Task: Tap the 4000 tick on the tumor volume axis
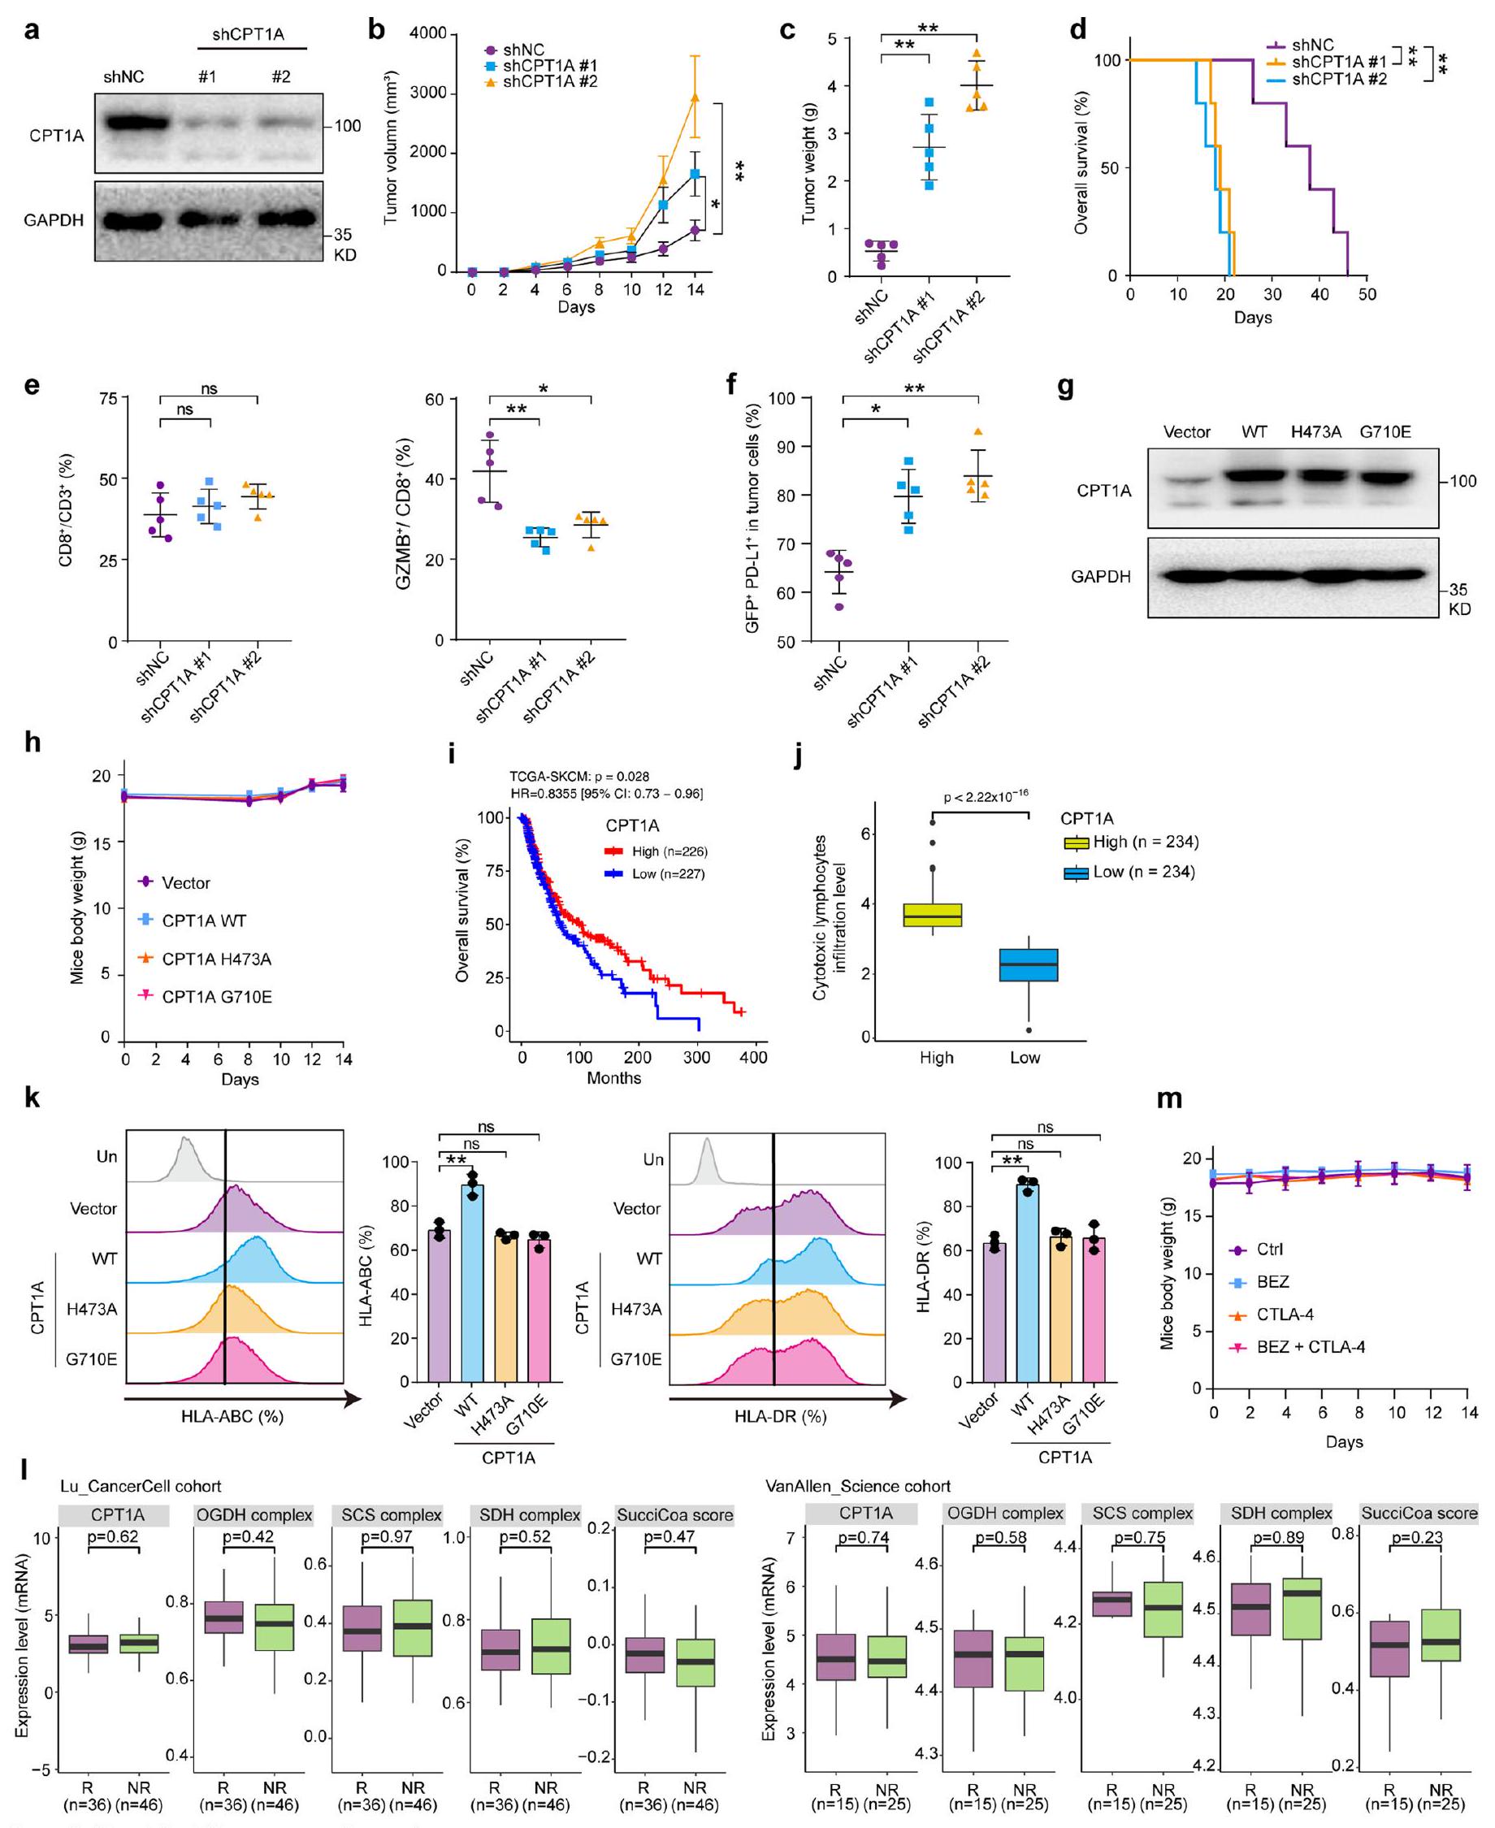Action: pos(428,33)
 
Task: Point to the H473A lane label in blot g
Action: pos(1316,432)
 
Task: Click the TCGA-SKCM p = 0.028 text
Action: pos(578,777)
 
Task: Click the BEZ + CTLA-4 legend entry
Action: pos(1310,1347)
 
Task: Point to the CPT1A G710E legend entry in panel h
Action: pos(216,997)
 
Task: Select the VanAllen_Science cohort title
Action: pos(858,1486)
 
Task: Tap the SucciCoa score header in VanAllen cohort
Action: pos(1419,1513)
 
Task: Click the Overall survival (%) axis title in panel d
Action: pos(1081,163)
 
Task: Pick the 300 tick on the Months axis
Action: pos(695,1057)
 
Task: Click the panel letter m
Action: pos(1168,1098)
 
